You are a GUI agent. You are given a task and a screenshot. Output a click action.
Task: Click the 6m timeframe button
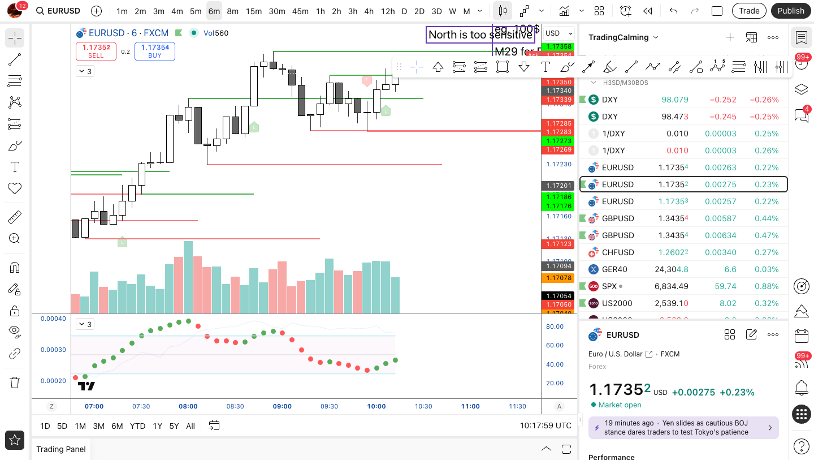point(214,11)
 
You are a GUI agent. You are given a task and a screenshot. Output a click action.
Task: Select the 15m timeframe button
point(254,11)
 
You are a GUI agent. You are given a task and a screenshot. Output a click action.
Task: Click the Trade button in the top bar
point(749,11)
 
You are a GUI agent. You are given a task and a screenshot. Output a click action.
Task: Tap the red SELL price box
point(96,51)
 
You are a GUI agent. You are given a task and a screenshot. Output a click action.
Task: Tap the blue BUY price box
point(155,51)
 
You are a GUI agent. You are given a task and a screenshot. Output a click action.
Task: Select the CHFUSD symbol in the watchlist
point(617,252)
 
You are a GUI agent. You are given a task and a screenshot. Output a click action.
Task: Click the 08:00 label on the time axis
point(188,406)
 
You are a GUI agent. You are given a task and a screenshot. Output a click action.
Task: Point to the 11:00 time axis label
point(470,406)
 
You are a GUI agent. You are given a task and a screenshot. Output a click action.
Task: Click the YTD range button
point(137,426)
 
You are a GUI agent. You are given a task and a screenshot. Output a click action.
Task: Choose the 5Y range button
point(174,426)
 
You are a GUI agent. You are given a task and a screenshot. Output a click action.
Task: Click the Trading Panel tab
point(61,449)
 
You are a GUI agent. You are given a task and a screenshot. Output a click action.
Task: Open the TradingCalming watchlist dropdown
point(624,37)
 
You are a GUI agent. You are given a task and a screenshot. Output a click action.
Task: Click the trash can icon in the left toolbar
point(15,382)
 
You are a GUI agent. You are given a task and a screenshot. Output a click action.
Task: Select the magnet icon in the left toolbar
point(15,268)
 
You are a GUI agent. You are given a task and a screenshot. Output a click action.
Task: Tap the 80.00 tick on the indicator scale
point(555,326)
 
